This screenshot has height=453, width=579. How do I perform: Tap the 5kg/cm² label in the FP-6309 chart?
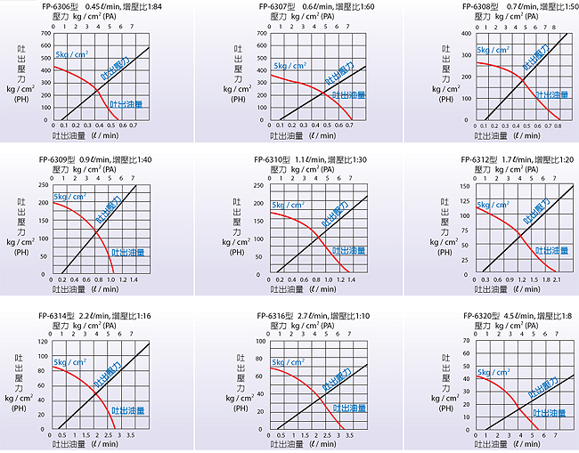point(70,197)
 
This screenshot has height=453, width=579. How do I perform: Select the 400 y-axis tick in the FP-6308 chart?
point(466,34)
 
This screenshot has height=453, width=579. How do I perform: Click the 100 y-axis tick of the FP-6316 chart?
point(260,341)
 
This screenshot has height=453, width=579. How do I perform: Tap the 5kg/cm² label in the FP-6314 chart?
point(70,362)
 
